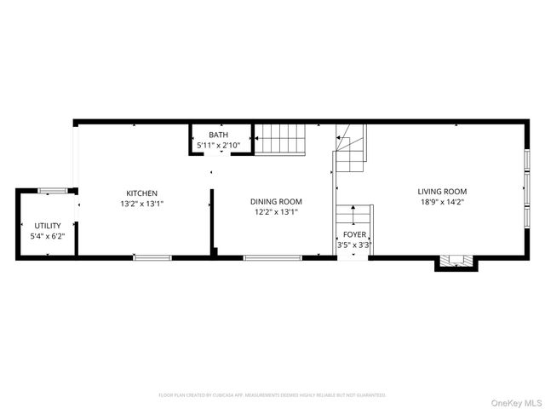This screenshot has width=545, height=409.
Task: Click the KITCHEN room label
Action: point(142,193)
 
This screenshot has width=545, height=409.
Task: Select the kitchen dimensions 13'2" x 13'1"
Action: point(142,204)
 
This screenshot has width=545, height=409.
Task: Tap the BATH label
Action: point(219,135)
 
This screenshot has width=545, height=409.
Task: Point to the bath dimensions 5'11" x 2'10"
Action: point(219,146)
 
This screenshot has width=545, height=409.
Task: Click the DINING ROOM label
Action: point(276,202)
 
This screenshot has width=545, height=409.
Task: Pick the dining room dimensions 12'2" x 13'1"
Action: point(276,213)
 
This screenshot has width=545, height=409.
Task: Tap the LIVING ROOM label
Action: point(442,192)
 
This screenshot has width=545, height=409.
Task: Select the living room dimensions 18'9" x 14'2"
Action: point(442,203)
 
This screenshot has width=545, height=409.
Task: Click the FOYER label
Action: point(355,234)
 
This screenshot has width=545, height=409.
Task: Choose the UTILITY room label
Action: point(48,226)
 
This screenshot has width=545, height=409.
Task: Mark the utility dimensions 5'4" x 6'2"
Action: point(48,236)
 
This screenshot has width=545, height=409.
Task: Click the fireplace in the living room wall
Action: point(451,261)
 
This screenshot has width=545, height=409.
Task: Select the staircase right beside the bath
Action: point(280,139)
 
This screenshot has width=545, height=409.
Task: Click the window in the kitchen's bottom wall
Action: point(152,257)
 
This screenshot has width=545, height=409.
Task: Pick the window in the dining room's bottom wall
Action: point(272,257)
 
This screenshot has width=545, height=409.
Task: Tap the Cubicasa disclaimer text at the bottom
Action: point(272,395)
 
